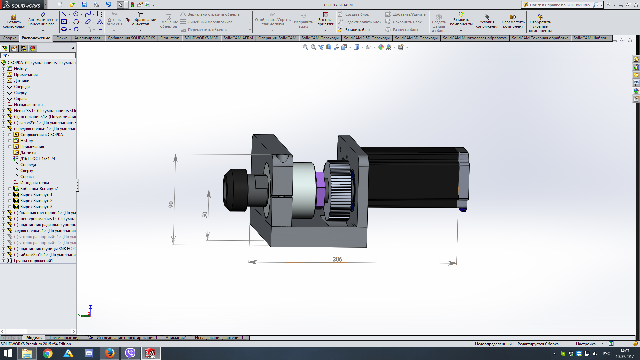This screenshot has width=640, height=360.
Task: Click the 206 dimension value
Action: [337, 259]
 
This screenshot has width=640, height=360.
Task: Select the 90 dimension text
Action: [171, 204]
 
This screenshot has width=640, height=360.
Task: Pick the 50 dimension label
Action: [205, 215]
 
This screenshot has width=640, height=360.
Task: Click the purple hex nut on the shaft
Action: [320, 189]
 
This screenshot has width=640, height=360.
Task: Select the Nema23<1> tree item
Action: [25, 111]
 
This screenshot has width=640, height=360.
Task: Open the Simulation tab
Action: [170, 38]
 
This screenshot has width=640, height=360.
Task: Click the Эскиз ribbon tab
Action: [62, 38]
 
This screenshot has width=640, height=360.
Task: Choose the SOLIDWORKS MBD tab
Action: [201, 38]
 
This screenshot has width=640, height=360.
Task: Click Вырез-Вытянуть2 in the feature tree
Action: [36, 201]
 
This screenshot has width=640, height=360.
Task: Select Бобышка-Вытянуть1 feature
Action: [39, 189]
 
